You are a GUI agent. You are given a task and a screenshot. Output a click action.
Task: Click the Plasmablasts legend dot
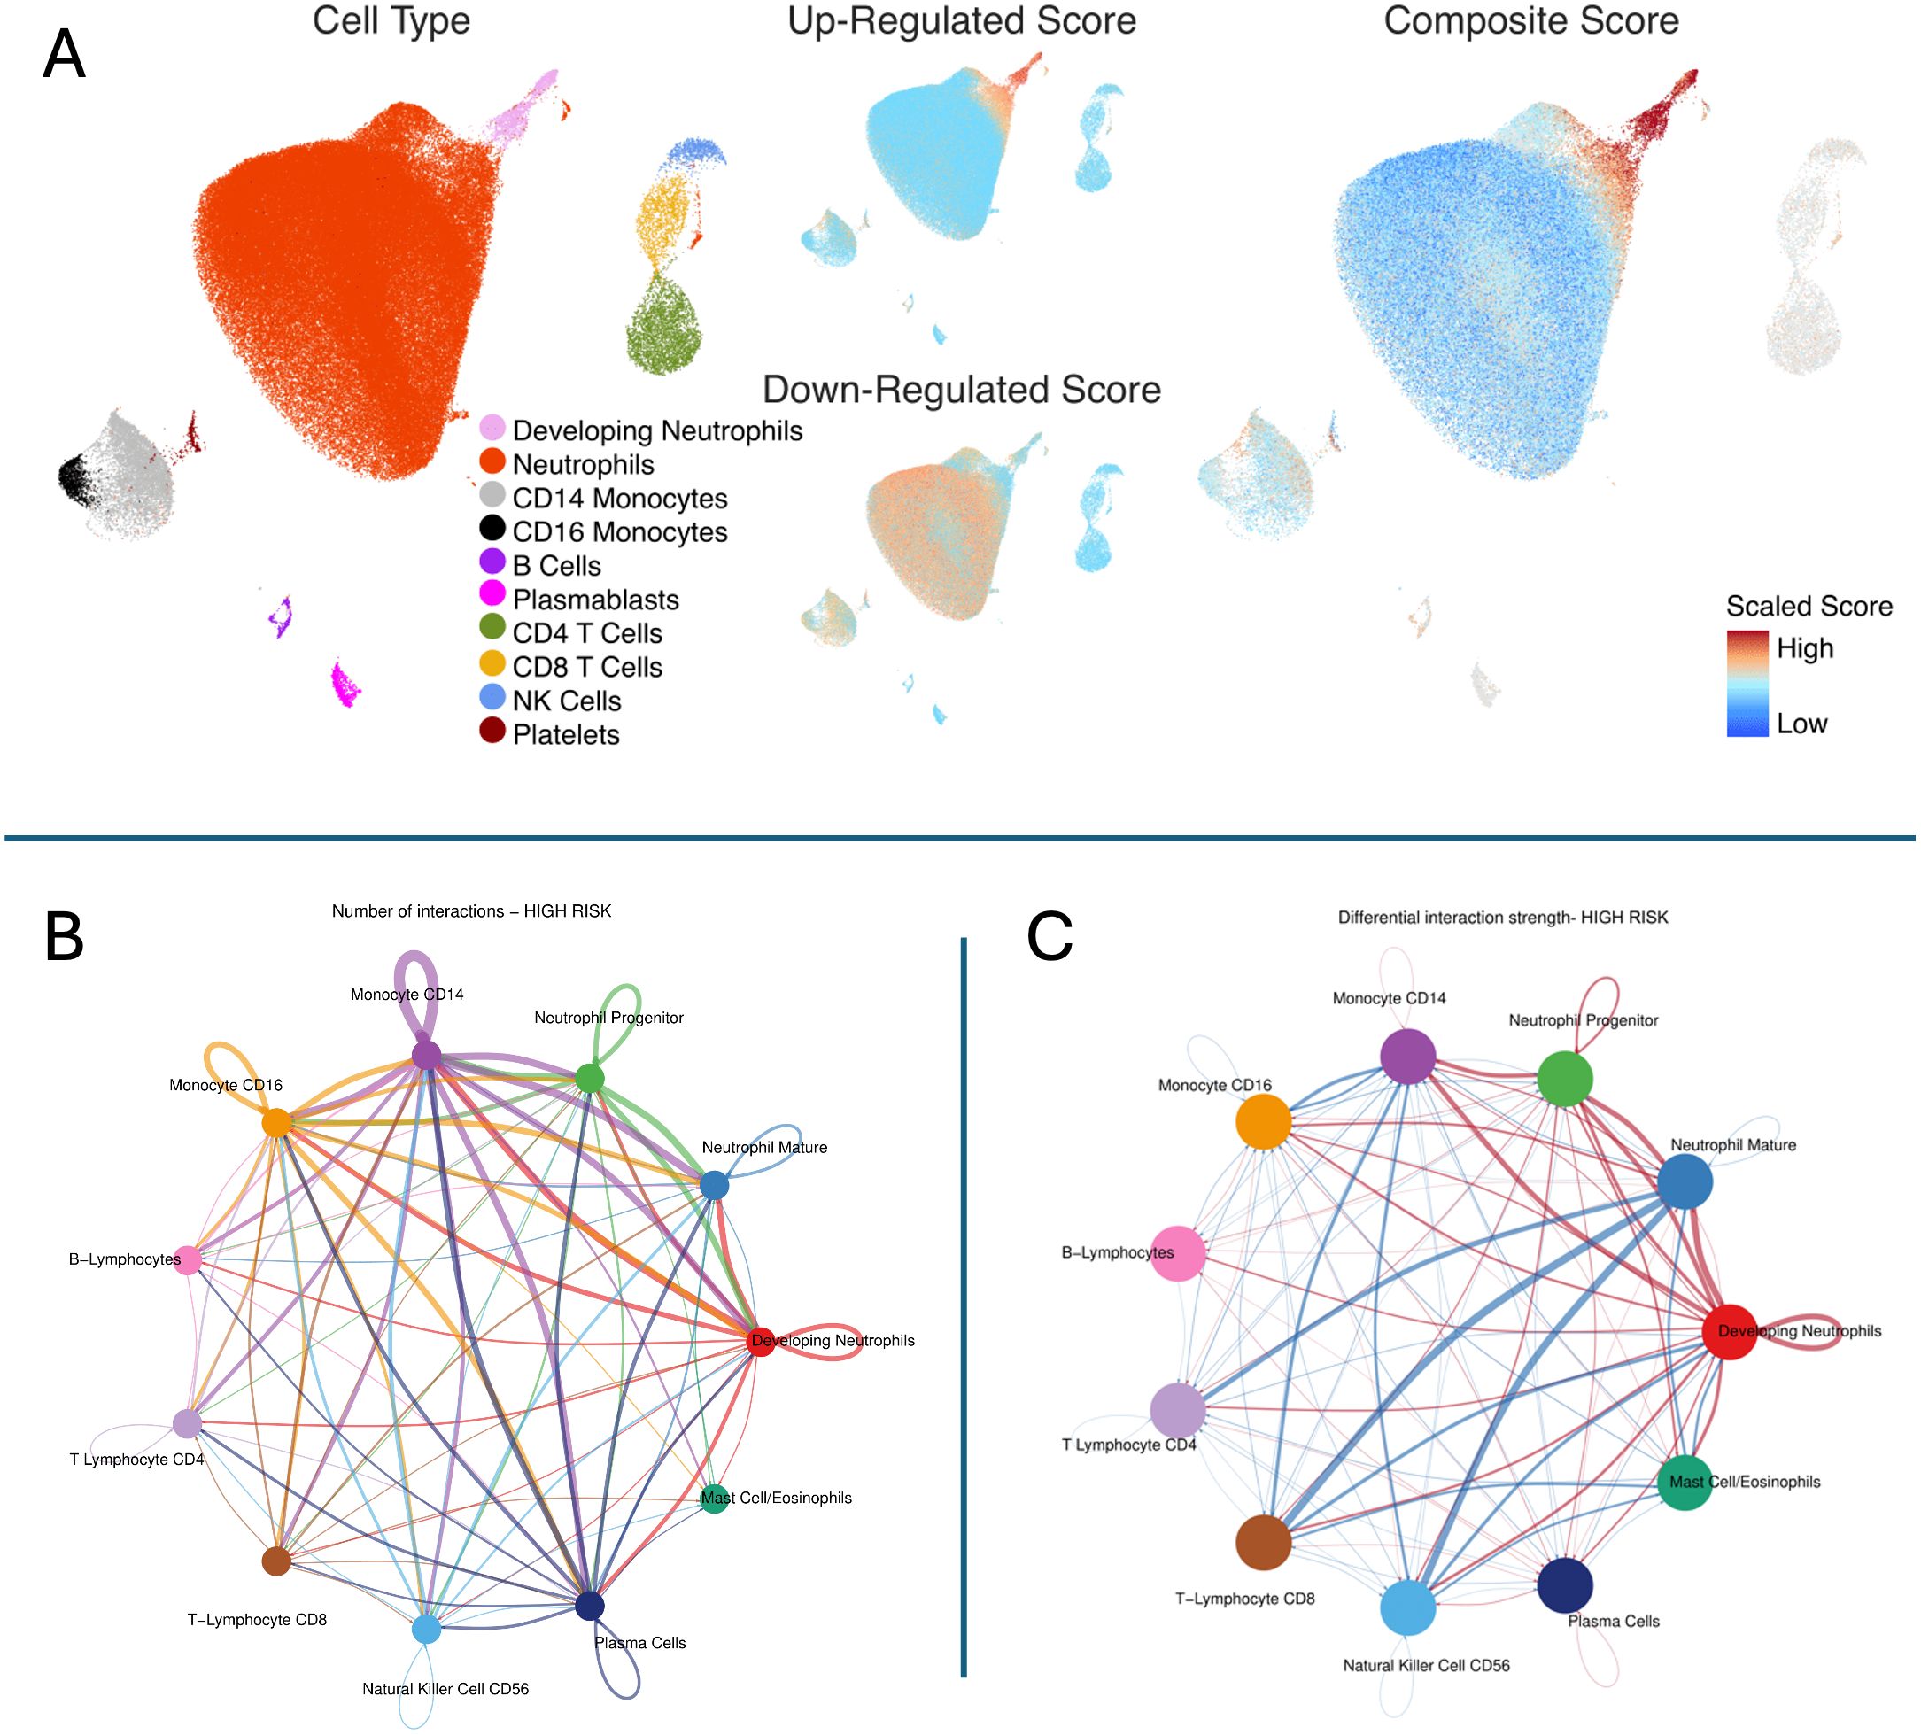click(x=492, y=593)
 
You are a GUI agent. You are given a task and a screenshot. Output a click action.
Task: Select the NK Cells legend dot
click(x=492, y=695)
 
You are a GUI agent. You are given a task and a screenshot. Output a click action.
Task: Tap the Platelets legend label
click(x=566, y=734)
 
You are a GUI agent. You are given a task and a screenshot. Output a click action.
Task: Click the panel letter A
click(x=64, y=54)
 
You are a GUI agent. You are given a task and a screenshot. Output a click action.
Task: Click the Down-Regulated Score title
click(x=962, y=390)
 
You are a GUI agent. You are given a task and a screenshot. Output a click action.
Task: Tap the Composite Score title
click(x=1530, y=21)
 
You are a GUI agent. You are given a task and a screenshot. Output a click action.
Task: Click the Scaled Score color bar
click(x=1747, y=682)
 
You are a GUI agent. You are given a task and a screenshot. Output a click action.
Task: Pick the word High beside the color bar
click(x=1805, y=649)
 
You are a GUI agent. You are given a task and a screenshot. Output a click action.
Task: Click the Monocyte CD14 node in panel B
click(x=426, y=1055)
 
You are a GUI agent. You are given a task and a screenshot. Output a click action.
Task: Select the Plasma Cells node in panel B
click(x=590, y=1606)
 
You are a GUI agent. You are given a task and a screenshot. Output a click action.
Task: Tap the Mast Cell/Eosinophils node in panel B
click(x=714, y=1499)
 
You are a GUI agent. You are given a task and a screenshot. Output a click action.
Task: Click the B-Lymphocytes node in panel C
click(x=1179, y=1254)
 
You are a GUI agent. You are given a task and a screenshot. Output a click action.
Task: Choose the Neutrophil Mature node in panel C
click(x=1685, y=1182)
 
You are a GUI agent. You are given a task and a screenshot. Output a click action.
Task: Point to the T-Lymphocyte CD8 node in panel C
click(x=1264, y=1542)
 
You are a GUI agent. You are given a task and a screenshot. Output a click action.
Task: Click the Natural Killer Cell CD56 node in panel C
click(x=1407, y=1607)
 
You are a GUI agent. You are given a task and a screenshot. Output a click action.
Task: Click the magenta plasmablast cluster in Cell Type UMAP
click(x=344, y=684)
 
